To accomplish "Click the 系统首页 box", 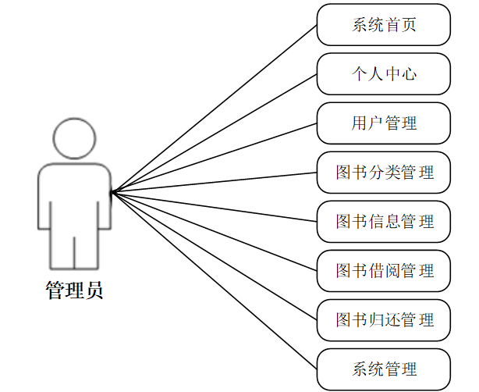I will (x=384, y=24).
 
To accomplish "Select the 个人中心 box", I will (x=384, y=73).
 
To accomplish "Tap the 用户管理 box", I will (x=384, y=123).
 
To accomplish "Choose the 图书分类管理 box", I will (x=384, y=172).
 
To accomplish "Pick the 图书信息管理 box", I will (x=384, y=221).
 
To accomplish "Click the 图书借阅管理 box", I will (x=384, y=270).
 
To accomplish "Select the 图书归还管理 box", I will (x=384, y=319).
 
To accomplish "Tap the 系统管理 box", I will (x=384, y=369).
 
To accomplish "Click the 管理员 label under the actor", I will (x=74, y=291).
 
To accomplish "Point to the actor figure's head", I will (x=75, y=138).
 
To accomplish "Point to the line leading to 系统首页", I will (x=215, y=108).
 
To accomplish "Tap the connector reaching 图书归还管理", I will (x=215, y=255).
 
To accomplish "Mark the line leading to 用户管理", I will (x=215, y=157).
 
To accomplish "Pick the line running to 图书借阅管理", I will (x=215, y=231).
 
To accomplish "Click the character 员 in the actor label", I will (x=94, y=291).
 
